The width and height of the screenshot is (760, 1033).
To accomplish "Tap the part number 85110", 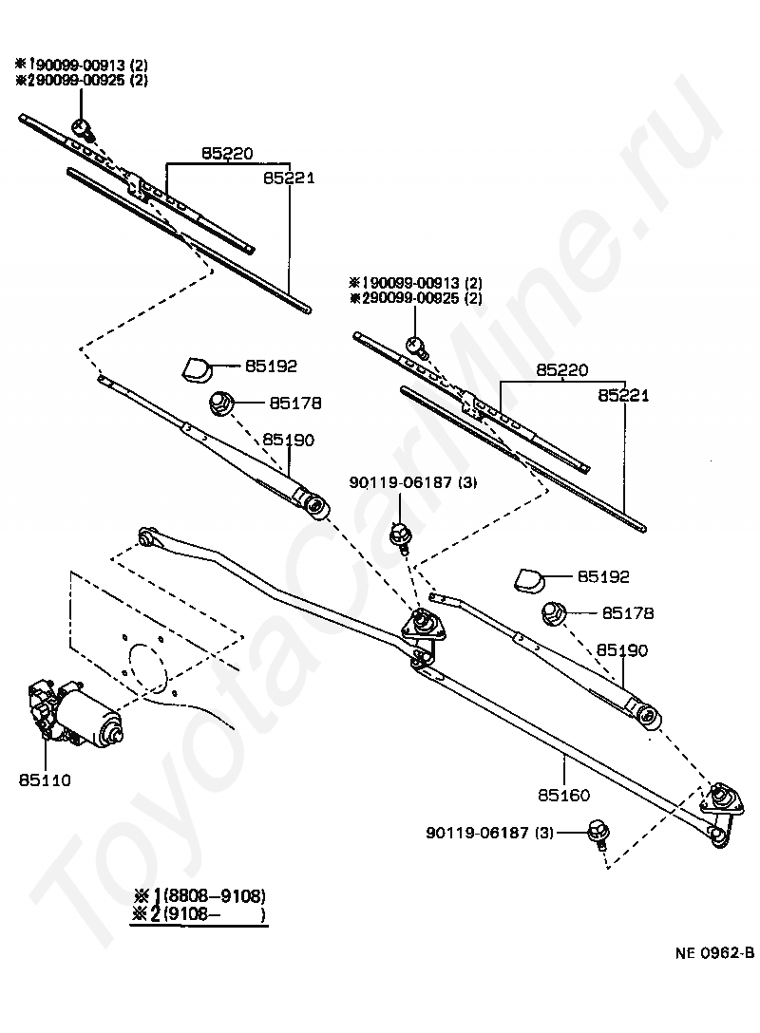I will pyautogui.click(x=44, y=780).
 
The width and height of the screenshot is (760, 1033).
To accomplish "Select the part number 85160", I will pyautogui.click(x=563, y=795).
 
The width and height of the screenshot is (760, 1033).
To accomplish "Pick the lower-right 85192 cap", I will pyautogui.click(x=528, y=577).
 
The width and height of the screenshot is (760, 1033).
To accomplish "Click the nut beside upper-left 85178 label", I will pyautogui.click(x=220, y=402).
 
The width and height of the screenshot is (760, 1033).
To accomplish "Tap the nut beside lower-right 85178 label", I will pyautogui.click(x=555, y=613).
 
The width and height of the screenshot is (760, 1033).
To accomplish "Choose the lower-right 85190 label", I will pyautogui.click(x=622, y=650).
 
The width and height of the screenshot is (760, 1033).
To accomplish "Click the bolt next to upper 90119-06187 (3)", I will pyautogui.click(x=401, y=535).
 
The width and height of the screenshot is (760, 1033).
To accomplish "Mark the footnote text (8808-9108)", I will pyautogui.click(x=214, y=895).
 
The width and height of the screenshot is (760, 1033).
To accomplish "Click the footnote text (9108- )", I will pyautogui.click(x=214, y=915).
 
